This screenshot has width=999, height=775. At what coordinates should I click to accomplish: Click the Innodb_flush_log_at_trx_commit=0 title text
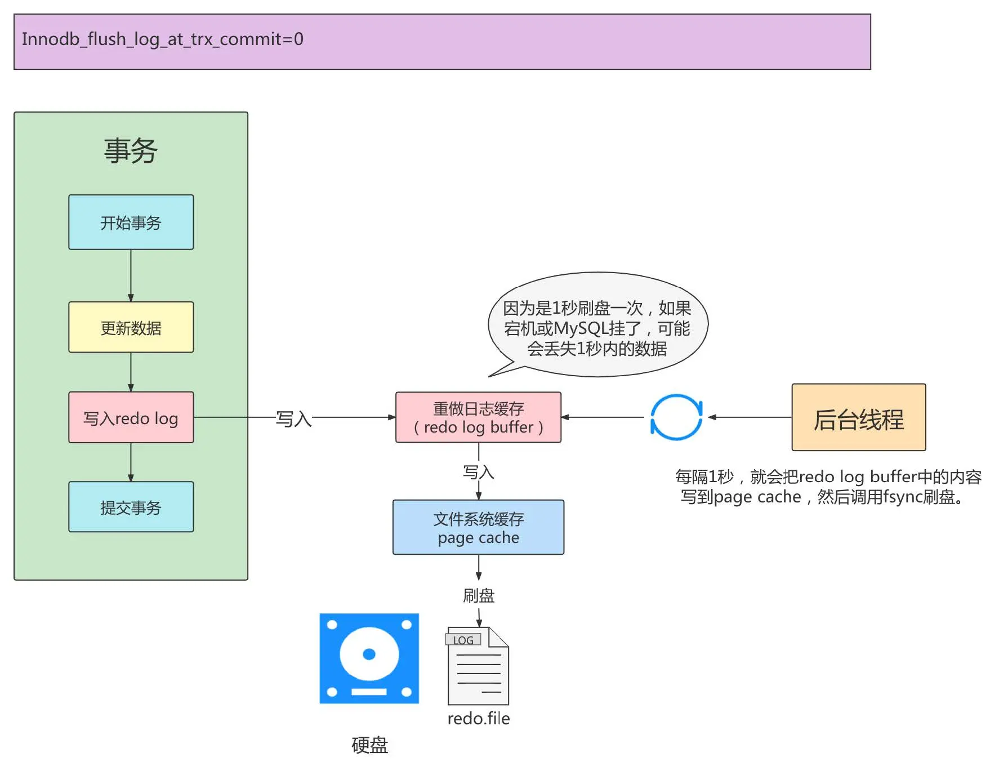[162, 39]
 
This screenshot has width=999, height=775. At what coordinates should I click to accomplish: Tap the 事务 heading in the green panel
[131, 151]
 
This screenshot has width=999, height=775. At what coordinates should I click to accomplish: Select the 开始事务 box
[131, 222]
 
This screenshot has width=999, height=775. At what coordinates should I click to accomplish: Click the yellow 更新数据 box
[131, 327]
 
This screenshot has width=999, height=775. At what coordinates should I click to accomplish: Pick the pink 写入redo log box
[131, 417]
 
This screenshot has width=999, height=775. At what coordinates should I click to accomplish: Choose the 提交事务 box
[131, 507]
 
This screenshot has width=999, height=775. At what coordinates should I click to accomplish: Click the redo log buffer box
[478, 417]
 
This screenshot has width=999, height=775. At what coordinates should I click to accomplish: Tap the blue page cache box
[478, 527]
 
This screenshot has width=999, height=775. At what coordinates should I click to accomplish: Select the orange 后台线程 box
[858, 417]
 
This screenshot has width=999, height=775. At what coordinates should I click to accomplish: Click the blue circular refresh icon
[676, 417]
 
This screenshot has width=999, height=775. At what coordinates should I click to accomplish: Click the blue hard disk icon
[369, 658]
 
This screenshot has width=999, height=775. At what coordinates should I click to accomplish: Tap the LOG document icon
[478, 666]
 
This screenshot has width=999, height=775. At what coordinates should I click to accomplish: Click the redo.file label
[478, 719]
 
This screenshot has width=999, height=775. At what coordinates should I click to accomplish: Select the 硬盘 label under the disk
[369, 745]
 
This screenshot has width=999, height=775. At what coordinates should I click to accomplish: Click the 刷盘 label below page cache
[478, 595]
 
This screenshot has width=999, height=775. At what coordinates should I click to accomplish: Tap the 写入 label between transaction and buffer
[293, 418]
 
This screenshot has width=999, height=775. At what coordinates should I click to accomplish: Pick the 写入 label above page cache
[478, 472]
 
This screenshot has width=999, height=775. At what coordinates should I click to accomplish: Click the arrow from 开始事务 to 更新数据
[131, 276]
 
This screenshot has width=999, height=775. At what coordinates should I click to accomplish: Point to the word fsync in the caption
[903, 497]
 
